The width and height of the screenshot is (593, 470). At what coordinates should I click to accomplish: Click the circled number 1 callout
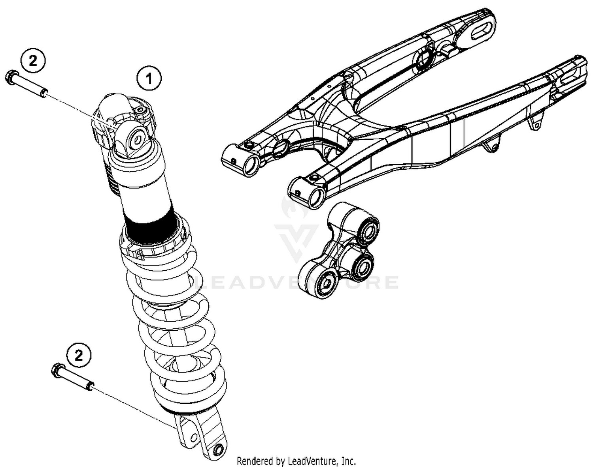tap(149, 79)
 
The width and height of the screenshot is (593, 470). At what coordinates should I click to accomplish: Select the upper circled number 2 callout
tap(33, 61)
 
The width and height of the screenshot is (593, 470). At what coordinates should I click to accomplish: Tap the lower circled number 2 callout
tap(79, 356)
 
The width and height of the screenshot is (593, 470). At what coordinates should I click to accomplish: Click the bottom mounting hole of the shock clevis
tap(218, 450)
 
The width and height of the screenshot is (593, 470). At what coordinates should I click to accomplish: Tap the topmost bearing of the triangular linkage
tap(367, 230)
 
